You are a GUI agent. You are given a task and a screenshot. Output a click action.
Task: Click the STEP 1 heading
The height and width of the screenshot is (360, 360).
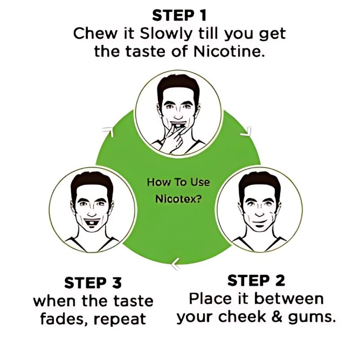point(179,16)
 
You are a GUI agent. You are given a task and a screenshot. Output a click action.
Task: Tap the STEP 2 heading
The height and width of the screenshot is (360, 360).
point(256,280)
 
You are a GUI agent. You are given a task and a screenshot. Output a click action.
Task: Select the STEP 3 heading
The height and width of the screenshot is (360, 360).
point(93,282)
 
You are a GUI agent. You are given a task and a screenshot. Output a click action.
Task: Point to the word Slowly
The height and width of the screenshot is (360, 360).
point(165,33)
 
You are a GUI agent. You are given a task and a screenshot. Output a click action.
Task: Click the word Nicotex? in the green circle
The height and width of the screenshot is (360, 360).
point(178,198)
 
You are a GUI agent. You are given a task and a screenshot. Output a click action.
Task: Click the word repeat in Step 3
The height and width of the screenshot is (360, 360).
point(120,319)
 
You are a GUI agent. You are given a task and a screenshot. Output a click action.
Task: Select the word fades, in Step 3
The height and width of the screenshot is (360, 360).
point(64,319)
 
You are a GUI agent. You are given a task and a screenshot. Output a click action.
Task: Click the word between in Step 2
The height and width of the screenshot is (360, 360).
point(289,299)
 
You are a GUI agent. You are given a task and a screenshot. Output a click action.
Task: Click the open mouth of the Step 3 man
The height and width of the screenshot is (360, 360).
point(92,223)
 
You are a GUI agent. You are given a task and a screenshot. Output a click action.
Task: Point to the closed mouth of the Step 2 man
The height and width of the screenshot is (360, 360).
point(259,222)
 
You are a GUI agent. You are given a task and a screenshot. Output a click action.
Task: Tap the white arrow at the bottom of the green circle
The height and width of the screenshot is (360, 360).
point(176,264)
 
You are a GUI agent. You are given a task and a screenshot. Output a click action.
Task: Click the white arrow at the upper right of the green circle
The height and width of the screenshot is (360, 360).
point(246,131)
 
